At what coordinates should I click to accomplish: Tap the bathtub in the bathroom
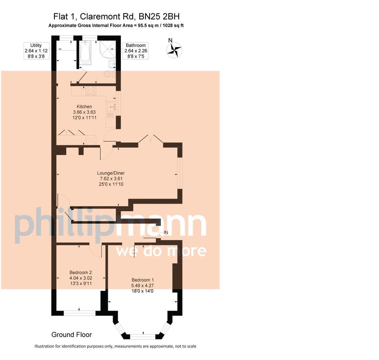pos(85,53)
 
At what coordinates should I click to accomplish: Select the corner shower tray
pos(108,50)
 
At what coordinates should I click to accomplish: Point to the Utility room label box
pos(36,51)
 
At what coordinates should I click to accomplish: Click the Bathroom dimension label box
pos(136,51)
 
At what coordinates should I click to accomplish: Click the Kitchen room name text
pos(84,107)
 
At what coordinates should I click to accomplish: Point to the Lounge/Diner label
pos(111,173)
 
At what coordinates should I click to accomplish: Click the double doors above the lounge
pos(151,139)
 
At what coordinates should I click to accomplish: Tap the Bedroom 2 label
pos(81,272)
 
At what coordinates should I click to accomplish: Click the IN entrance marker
pos(166,232)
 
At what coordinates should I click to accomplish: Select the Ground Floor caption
pos(71,335)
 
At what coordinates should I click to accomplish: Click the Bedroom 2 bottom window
pos(79,313)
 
